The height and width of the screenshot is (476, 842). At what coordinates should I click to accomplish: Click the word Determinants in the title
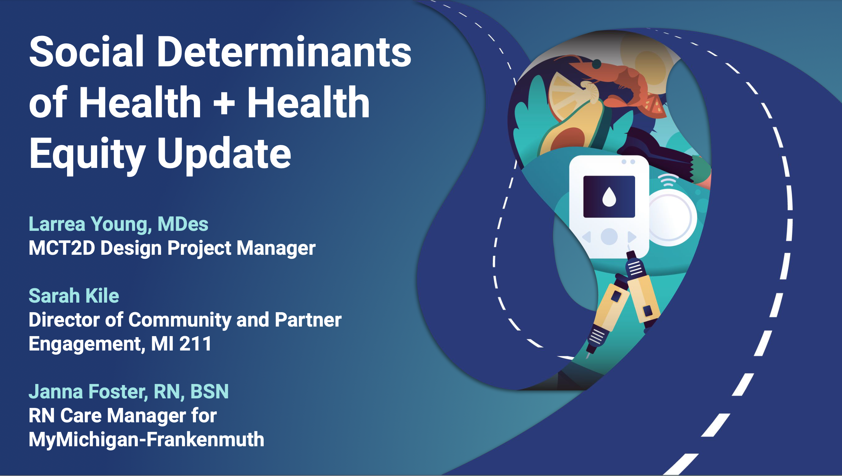tap(284, 52)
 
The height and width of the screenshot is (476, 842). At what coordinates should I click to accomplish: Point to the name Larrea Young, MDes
tap(118, 224)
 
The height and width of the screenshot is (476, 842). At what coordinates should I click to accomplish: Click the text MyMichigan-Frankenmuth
tap(146, 439)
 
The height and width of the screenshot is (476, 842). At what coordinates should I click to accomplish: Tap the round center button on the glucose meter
tap(609, 236)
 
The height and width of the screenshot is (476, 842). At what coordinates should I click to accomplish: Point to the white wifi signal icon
tap(668, 180)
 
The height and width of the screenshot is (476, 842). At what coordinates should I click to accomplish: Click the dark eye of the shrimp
tap(596, 64)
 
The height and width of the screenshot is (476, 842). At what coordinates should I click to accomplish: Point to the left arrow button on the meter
tap(587, 237)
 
